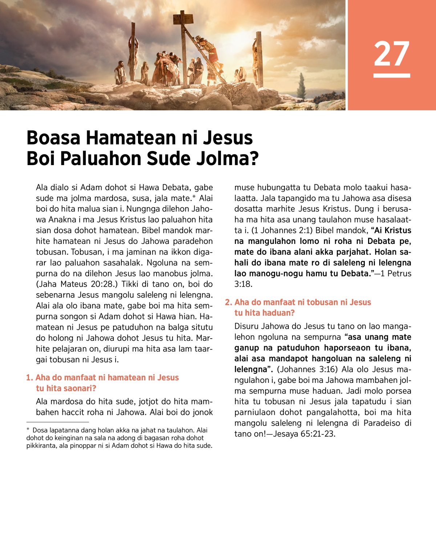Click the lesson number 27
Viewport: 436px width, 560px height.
click(392, 54)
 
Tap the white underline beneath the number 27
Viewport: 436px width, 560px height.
click(392, 75)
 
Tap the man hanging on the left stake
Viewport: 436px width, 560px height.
click(133, 54)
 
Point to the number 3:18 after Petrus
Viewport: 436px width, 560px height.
click(243, 284)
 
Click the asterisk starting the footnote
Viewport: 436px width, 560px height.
click(28, 430)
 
